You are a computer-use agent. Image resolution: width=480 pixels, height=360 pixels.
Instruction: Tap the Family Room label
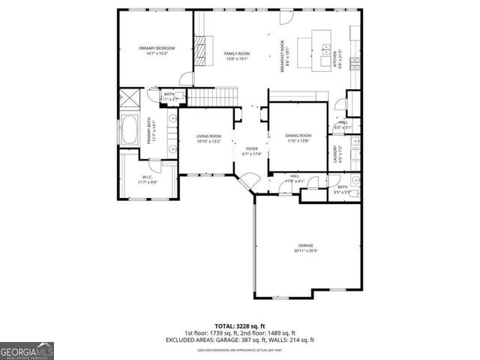tap(238, 54)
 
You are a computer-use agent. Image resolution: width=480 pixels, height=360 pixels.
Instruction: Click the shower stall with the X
tap(128, 97)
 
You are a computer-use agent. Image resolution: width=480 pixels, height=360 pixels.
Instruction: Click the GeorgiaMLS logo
tap(26, 350)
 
